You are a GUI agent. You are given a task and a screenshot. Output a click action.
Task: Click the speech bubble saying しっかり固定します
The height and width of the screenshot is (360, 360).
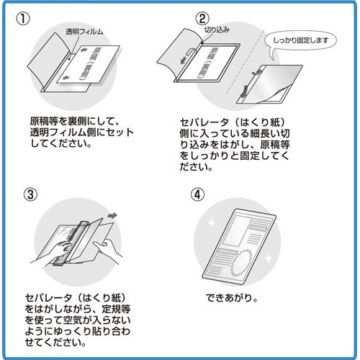pyautogui.click(x=302, y=40)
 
